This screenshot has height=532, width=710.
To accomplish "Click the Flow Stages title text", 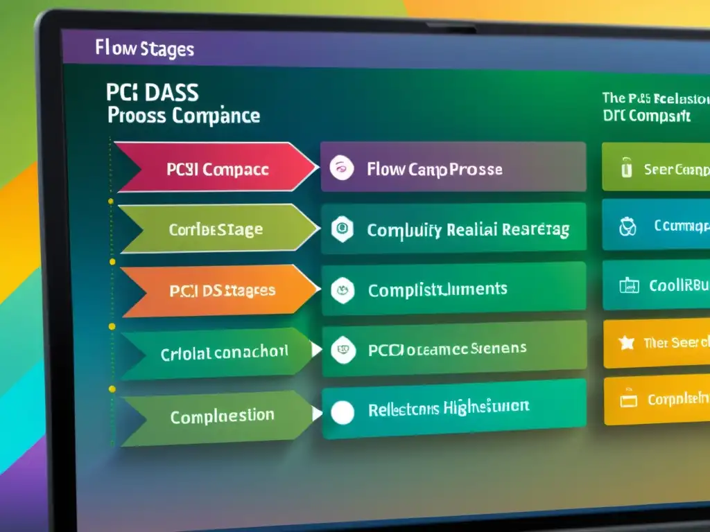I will point(144,49).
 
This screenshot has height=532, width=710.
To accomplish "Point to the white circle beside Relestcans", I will point(342,413).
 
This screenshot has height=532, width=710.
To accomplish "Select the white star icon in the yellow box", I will point(627,343).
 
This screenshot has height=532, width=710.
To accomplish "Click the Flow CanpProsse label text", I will point(434,169).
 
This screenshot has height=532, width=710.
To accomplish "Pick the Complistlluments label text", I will point(438,289).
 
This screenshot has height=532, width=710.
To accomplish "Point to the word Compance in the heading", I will point(216,115).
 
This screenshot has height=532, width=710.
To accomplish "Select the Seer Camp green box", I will point(655,167).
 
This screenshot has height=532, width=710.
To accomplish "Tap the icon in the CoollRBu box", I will point(627,285).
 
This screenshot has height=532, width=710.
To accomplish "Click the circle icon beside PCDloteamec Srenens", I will point(342,349).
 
